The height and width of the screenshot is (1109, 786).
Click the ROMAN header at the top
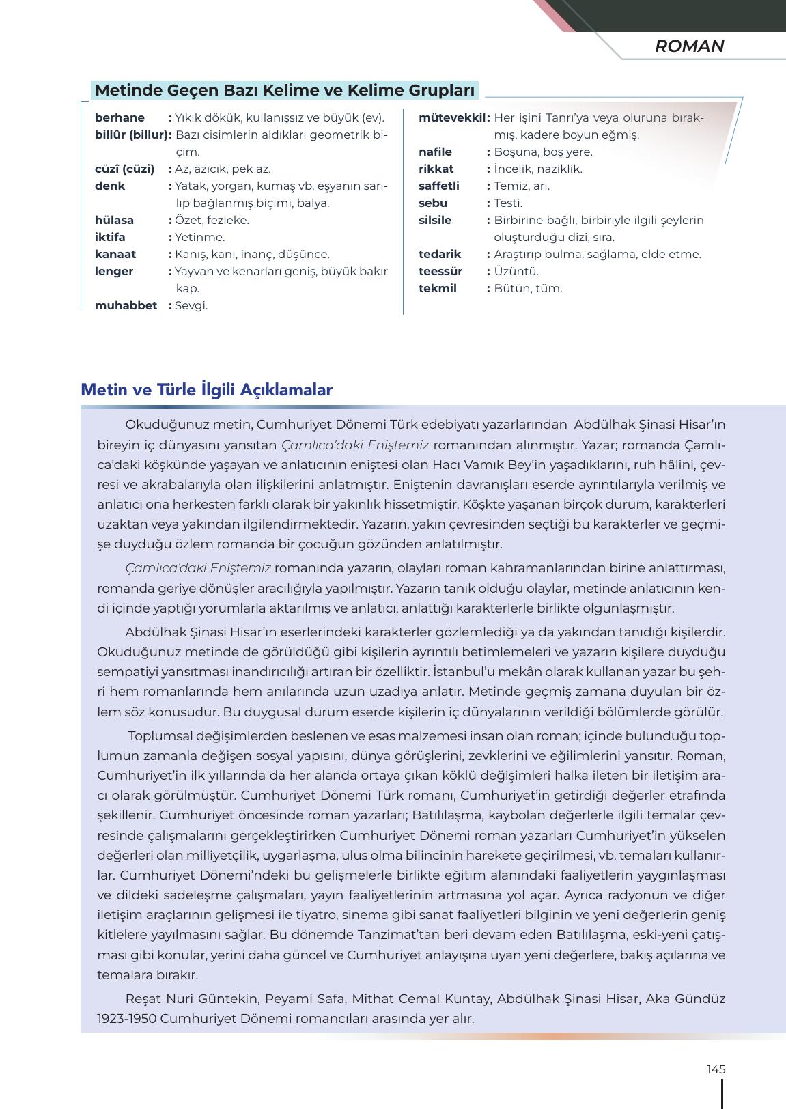pyautogui.click(x=689, y=46)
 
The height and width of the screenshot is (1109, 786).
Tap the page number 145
pyautogui.click(x=716, y=1069)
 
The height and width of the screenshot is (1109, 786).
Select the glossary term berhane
pyautogui.click(x=120, y=117)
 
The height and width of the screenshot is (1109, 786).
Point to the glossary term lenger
pyautogui.click(x=114, y=271)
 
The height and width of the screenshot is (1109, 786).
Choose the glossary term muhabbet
pyautogui.click(x=126, y=305)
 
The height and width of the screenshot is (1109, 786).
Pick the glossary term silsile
pyautogui.click(x=435, y=220)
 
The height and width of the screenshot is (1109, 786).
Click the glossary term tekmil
pyautogui.click(x=438, y=288)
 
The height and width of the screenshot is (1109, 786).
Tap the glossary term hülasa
pyautogui.click(x=114, y=220)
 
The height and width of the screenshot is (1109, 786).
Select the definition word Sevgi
pyautogui.click(x=191, y=305)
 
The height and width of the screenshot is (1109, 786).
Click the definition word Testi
pyautogui.click(x=508, y=203)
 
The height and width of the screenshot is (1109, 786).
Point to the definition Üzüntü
pyautogui.click(x=516, y=271)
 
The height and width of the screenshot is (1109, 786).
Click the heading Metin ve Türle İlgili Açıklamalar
pyautogui.click(x=206, y=390)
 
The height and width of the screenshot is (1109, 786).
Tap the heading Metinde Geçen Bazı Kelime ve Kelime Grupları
pyautogui.click(x=284, y=90)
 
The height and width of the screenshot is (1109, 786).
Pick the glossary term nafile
pyautogui.click(x=435, y=152)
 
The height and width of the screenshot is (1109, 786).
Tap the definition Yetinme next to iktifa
pyautogui.click(x=199, y=237)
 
